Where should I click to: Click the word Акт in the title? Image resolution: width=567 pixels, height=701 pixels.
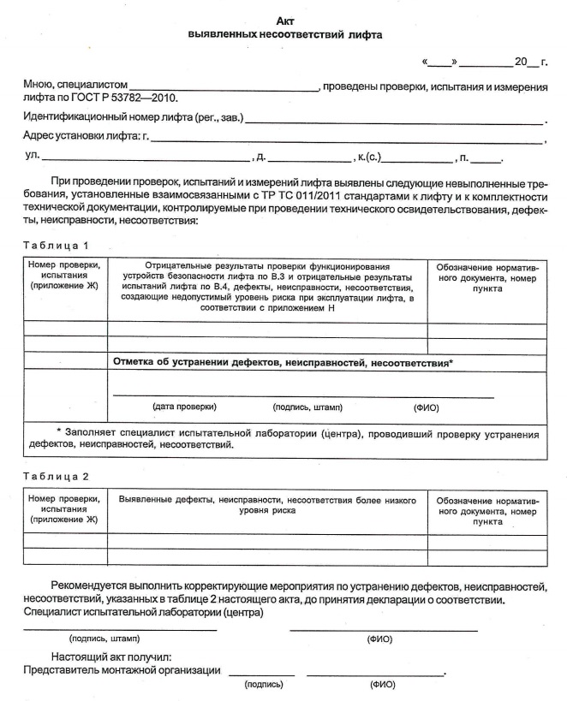coord(286,21)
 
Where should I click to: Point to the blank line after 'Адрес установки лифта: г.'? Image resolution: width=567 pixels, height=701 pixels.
coord(347,140)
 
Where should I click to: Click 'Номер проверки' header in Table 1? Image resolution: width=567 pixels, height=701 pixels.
coord(64,266)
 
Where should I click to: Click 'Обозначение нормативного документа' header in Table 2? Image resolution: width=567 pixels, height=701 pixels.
coord(487,510)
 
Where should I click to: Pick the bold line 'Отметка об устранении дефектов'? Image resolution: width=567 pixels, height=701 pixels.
coord(283,363)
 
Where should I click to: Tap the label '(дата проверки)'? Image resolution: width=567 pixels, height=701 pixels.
coord(184,407)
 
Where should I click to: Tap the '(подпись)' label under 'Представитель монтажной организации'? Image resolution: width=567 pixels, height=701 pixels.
coord(264,684)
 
